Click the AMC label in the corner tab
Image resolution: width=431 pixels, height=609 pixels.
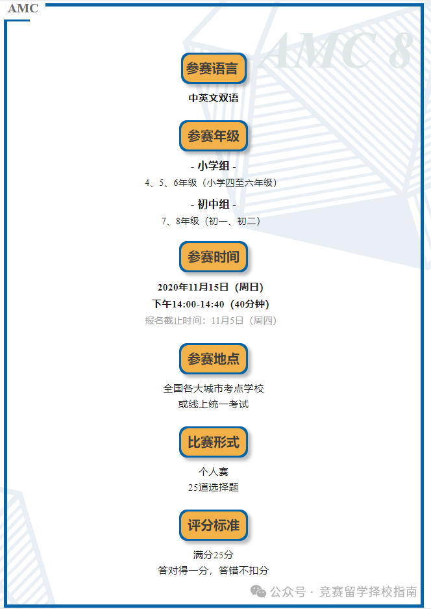(x=23, y=8)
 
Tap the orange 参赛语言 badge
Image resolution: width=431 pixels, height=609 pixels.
(x=213, y=68)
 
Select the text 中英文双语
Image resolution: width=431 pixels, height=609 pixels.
(x=214, y=98)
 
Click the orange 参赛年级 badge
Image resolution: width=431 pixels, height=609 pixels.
(x=213, y=136)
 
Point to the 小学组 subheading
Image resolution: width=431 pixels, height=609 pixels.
(x=214, y=166)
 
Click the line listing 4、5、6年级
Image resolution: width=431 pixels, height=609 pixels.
(x=213, y=183)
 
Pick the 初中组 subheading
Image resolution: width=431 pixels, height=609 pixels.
(x=214, y=204)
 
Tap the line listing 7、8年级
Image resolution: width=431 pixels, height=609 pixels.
(x=213, y=221)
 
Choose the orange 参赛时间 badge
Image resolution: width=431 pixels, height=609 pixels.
(x=213, y=257)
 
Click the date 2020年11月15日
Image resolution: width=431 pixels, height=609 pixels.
(x=193, y=287)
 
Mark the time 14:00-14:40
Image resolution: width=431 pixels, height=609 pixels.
(x=197, y=304)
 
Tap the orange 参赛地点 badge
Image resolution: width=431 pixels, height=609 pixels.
(x=213, y=358)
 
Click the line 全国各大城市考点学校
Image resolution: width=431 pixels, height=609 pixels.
(x=213, y=388)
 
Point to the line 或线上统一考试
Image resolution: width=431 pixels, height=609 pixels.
(x=213, y=404)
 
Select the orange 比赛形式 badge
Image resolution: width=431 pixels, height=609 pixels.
(x=213, y=443)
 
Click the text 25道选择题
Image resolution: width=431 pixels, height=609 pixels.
(x=213, y=487)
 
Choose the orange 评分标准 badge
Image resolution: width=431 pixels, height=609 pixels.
(x=213, y=525)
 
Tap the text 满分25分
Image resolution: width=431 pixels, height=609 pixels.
(x=213, y=554)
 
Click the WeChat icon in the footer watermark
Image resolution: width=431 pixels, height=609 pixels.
(x=258, y=591)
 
